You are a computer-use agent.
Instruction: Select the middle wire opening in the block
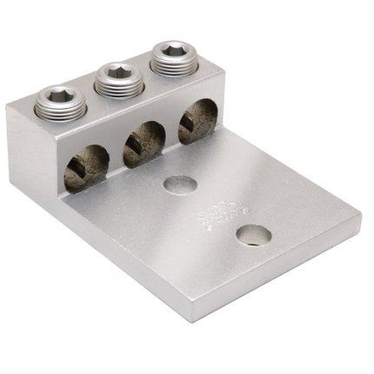pos(143,144)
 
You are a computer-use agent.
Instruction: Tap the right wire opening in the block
pos(197,120)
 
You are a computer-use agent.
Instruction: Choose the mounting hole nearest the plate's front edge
pos(253,234)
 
